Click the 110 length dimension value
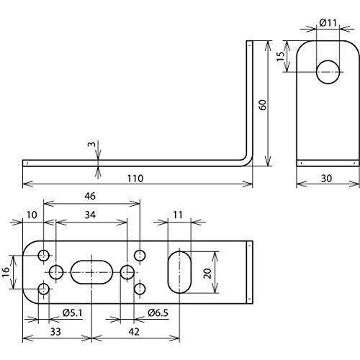click(x=135, y=179)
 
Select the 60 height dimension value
click(x=263, y=104)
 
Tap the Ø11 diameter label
click(x=328, y=23)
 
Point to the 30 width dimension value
click(x=326, y=179)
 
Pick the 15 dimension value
click(x=281, y=55)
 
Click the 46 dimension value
click(x=90, y=196)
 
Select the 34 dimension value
click(x=90, y=215)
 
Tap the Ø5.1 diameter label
click(x=73, y=313)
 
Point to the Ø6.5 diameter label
click(x=158, y=313)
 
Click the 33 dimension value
click(x=55, y=332)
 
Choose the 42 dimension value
click(x=134, y=332)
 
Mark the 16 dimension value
click(x=6, y=272)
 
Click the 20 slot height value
click(x=207, y=274)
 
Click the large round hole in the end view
click(x=328, y=72)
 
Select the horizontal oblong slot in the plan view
click(x=91, y=272)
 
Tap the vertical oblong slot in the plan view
click(x=179, y=272)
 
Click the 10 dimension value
click(x=32, y=215)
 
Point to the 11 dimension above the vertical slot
click(x=178, y=215)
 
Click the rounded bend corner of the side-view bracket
click(x=248, y=162)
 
